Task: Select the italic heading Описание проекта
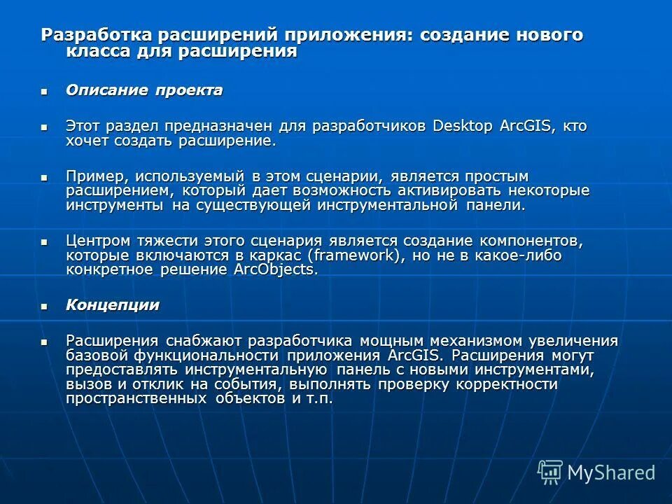click(x=144, y=90)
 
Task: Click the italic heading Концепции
click(x=113, y=304)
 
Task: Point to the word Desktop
click(x=463, y=127)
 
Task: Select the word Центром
click(x=101, y=241)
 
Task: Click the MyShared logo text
click(x=611, y=472)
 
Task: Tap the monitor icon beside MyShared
click(x=550, y=472)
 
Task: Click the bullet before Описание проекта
click(x=45, y=91)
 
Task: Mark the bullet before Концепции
click(x=45, y=305)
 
